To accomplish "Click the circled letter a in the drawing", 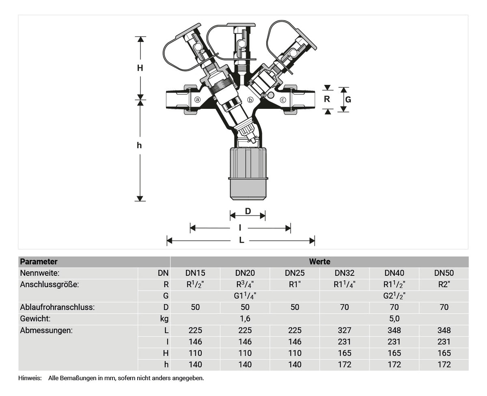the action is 197,100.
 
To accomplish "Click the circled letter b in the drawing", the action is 250,100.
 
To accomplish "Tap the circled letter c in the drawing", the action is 283,100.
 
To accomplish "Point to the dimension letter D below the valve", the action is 248,211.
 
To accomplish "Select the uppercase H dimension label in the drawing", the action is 140,68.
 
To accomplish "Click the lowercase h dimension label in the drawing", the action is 139,145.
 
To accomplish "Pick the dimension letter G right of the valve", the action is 348,100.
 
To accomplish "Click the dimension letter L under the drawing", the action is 241,240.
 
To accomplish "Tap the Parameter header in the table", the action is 39,262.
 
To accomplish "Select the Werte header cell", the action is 319,262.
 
